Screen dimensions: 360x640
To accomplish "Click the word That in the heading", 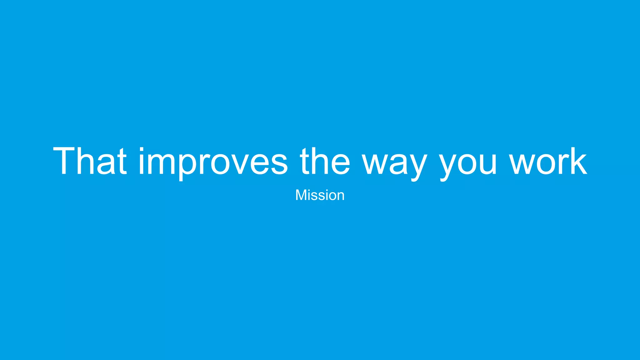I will coord(90,161).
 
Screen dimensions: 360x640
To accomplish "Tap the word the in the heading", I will coord(325,161).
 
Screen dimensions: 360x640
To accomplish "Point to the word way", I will coord(395,164).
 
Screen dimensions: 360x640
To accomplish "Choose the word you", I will coord(468,164).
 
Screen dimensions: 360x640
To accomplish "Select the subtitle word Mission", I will coord(320,195).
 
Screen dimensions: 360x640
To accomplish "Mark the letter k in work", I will coord(578,161).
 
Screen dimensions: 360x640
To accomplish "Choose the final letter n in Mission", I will coord(340,196).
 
